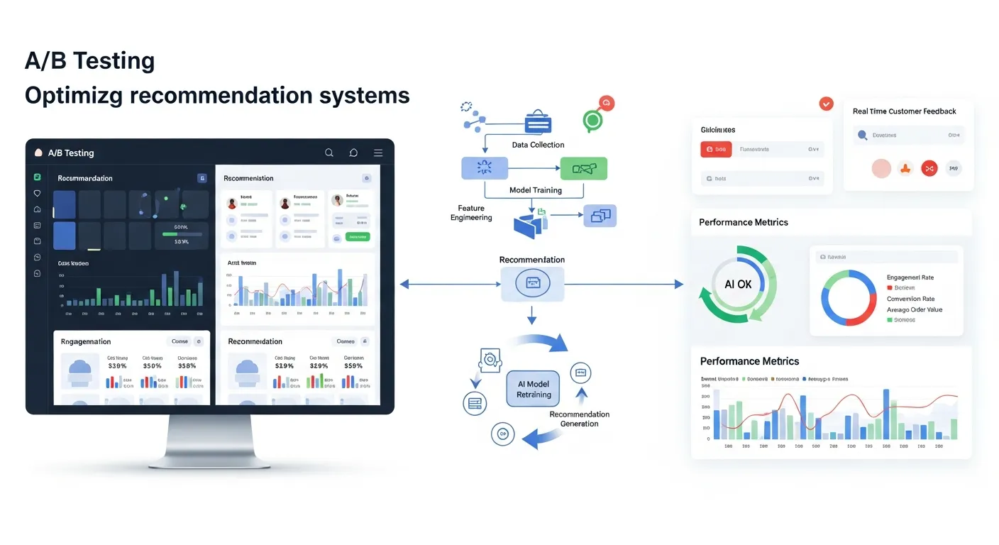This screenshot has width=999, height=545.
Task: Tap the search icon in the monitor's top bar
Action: pos(329,153)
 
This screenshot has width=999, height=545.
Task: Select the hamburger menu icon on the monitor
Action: pos(378,153)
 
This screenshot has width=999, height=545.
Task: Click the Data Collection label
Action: pos(538,145)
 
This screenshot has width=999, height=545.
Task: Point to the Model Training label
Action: pos(536,190)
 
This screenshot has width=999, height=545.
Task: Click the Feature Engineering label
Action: pos(471,213)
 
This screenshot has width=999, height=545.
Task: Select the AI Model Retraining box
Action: pos(534,389)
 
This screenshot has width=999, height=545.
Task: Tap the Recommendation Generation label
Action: pos(579,419)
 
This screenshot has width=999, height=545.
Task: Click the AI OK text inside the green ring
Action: pos(738,284)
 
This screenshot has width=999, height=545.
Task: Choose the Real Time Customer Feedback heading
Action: pos(904,111)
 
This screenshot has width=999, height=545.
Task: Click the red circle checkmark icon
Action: pos(826,104)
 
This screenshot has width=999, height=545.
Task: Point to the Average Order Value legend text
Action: pos(915,309)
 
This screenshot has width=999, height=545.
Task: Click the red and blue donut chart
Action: pos(849,297)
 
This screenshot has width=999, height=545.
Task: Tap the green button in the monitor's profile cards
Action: pos(357,237)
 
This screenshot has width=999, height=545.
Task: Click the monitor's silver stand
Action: pos(210,440)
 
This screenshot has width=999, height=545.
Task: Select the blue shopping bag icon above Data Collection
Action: pos(538,122)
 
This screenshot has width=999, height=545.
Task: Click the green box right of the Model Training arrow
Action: pos(584,168)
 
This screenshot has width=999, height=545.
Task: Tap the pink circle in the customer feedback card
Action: pos(881,168)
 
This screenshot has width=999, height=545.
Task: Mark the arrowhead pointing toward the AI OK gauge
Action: pos(679,285)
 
